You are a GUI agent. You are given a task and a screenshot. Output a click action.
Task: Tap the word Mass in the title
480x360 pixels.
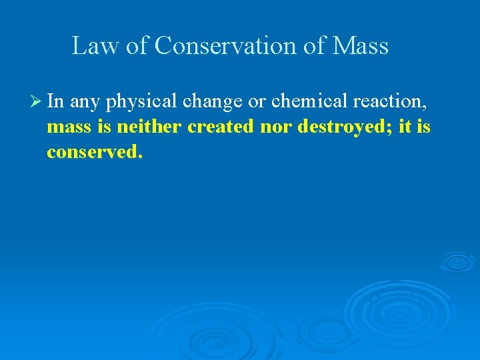coord(361,46)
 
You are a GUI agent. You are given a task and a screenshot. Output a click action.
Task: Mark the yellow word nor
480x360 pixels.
coord(275,127)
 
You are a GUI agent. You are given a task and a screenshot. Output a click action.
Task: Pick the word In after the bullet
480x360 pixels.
coord(55,102)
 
